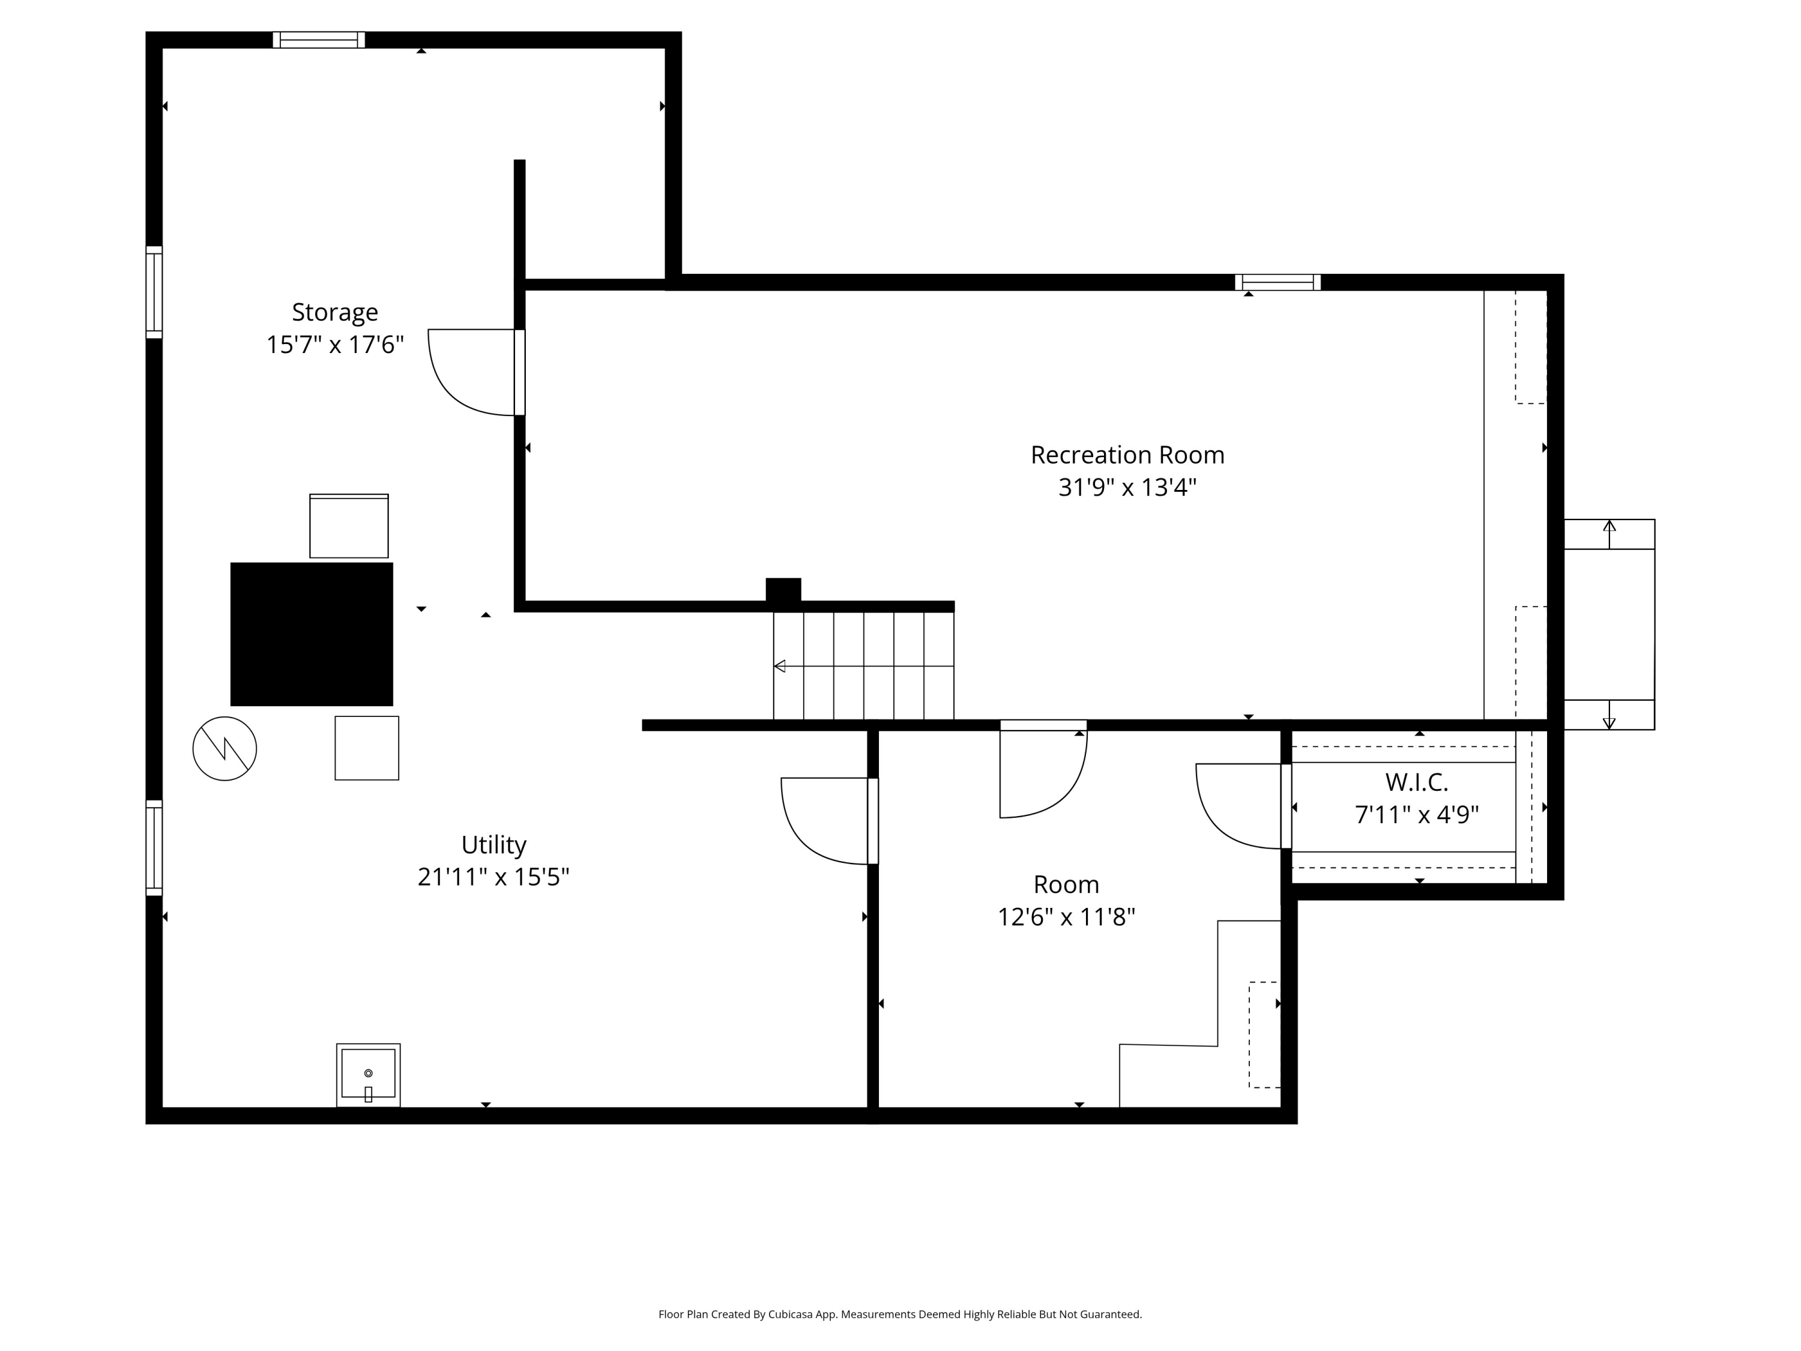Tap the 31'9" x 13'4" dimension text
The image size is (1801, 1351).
[x=1127, y=488]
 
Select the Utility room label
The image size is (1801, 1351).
[x=493, y=844]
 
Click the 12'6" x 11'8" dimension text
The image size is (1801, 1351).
[x=1066, y=917]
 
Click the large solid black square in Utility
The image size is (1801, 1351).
[x=311, y=635]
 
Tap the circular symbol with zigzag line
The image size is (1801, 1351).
[x=225, y=748]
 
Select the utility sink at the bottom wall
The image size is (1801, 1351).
[x=368, y=1075]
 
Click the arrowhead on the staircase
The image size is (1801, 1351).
[x=779, y=666]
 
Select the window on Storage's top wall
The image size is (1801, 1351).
[x=318, y=40]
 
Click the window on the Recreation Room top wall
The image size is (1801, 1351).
[x=1278, y=283]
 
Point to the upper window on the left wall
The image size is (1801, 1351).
[x=154, y=292]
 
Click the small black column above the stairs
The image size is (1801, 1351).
[x=783, y=590]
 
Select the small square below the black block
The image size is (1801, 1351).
[x=366, y=748]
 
